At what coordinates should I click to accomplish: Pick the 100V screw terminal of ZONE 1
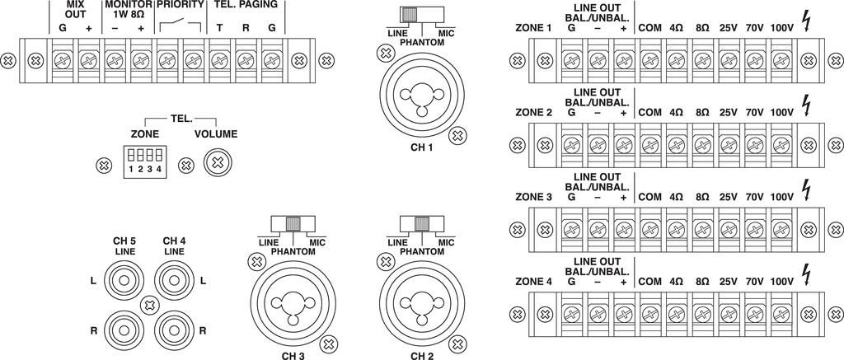tap(780, 60)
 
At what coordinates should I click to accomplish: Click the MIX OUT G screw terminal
tap(63, 60)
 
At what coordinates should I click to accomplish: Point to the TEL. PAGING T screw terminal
tap(218, 60)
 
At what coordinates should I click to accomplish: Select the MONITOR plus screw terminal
tap(140, 60)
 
